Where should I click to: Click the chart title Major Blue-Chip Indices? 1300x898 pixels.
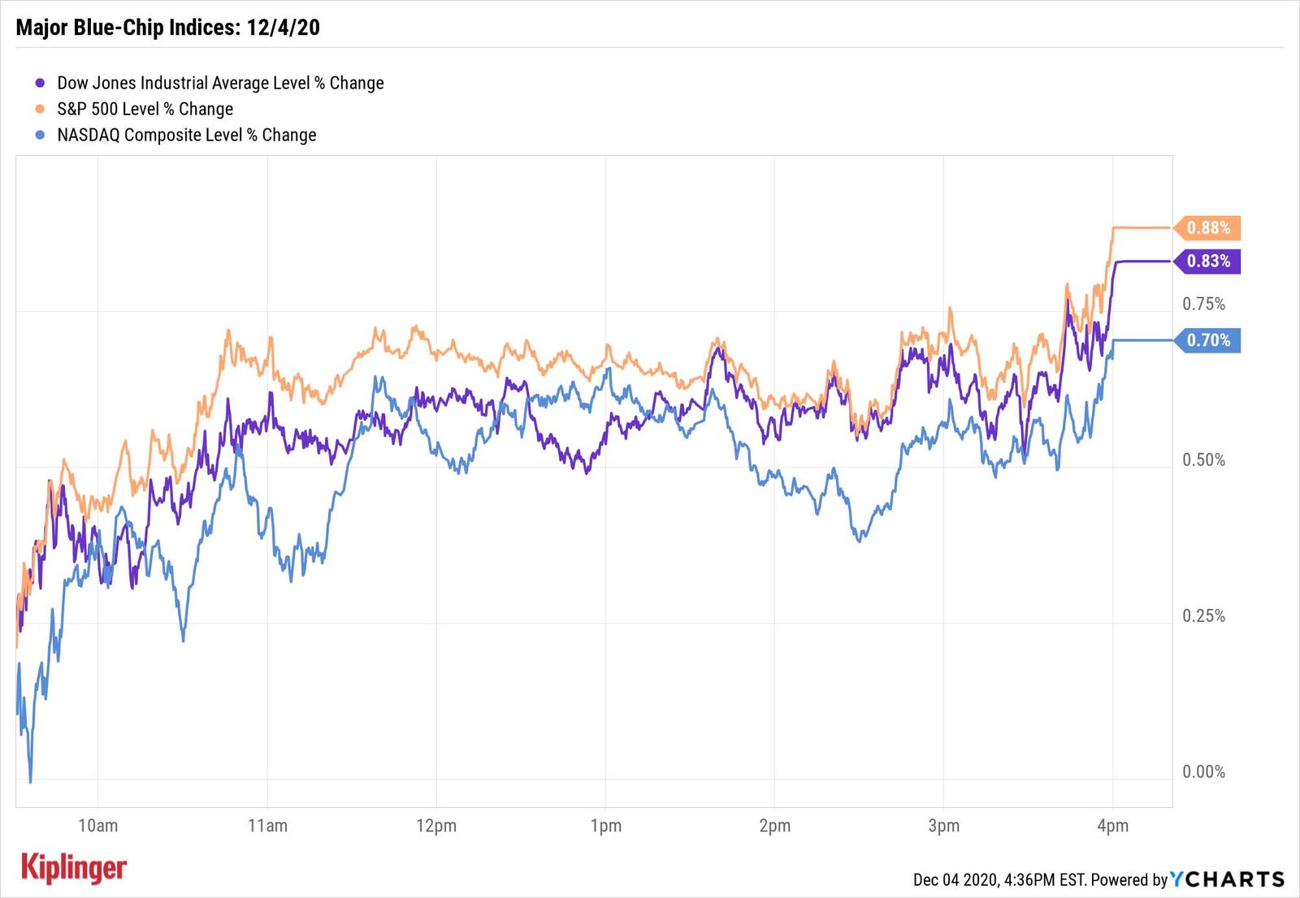(x=167, y=28)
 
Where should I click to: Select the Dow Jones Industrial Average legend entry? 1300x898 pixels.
(x=219, y=83)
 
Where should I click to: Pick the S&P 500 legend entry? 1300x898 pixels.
(x=145, y=109)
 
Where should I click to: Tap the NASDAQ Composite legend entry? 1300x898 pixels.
(x=186, y=135)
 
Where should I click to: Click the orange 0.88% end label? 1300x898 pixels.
(x=1208, y=228)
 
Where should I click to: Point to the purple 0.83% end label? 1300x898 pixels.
(x=1208, y=261)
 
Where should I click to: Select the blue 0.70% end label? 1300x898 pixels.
(x=1208, y=340)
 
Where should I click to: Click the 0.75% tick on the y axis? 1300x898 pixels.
(x=1203, y=304)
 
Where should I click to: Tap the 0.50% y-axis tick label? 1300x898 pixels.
(x=1203, y=460)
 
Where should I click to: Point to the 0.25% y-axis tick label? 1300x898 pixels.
(x=1203, y=616)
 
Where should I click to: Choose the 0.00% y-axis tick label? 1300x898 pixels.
(x=1203, y=772)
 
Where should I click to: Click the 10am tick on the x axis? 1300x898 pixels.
(x=97, y=827)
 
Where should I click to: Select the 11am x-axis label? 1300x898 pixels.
(x=267, y=827)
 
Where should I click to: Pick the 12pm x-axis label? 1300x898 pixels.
(x=436, y=827)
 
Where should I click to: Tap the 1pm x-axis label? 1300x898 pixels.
(x=605, y=827)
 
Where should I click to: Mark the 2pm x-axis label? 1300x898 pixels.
(x=774, y=827)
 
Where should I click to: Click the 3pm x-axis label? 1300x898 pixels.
(x=943, y=827)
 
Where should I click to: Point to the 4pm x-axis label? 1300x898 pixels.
(x=1112, y=827)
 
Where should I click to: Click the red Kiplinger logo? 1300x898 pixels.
(x=74, y=868)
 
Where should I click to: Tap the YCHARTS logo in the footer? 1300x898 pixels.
(x=1227, y=879)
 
